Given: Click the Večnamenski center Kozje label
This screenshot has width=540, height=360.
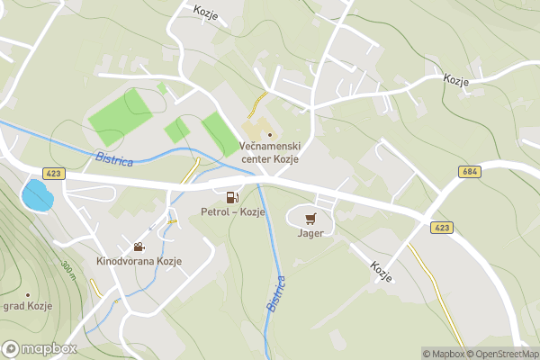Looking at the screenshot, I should (x=270, y=153).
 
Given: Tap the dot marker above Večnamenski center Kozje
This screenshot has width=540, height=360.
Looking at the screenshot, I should (x=269, y=135).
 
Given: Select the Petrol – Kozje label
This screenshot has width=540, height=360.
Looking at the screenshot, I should (x=233, y=212).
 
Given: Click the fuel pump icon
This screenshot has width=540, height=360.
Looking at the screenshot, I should (x=232, y=197).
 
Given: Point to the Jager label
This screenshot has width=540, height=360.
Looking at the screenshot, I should (x=310, y=233).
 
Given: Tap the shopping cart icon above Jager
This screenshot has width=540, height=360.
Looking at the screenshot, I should (x=310, y=218).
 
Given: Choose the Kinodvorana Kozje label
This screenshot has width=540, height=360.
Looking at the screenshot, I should (x=139, y=261).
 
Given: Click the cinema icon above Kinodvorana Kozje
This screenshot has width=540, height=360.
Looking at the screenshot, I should (x=139, y=246).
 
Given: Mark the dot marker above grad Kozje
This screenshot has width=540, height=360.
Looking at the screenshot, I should (x=28, y=294).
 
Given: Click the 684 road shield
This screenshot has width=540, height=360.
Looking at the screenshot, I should (x=470, y=171).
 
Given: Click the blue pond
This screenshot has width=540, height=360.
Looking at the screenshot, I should (x=37, y=194).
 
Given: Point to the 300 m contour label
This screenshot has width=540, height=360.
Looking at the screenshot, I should (x=68, y=269).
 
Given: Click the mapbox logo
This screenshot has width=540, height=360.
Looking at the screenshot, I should (x=40, y=348).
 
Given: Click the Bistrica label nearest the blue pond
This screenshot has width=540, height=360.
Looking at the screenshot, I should (x=114, y=160).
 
